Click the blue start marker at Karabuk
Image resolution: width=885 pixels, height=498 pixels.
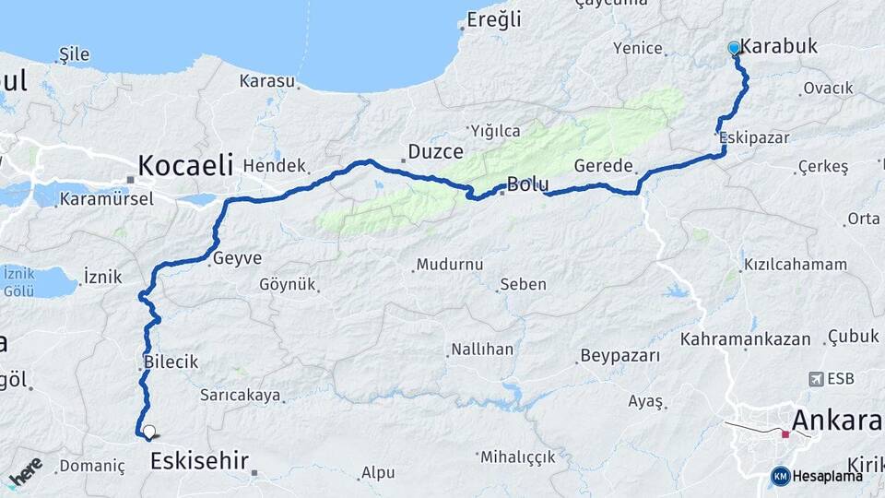(734, 48)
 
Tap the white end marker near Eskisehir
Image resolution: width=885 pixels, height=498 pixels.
(147, 431)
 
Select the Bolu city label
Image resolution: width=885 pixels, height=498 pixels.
(528, 184)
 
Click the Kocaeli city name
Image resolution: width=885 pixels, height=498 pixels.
(185, 165)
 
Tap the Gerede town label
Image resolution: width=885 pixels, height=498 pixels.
(603, 166)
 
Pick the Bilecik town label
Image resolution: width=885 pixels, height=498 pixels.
(171, 362)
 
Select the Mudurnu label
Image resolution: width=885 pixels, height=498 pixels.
(449, 265)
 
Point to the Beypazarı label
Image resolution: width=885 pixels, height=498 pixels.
(619, 355)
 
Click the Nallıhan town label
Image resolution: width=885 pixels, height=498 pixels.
(481, 350)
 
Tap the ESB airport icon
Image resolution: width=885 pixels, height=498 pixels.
(816, 379)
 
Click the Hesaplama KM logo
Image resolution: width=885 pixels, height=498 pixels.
(817, 476)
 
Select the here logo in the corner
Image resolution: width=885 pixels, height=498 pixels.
(25, 471)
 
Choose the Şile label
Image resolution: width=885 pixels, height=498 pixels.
(74, 54)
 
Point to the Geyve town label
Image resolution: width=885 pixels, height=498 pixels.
(237, 259)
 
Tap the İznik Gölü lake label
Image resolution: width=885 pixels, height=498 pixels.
(19, 282)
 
